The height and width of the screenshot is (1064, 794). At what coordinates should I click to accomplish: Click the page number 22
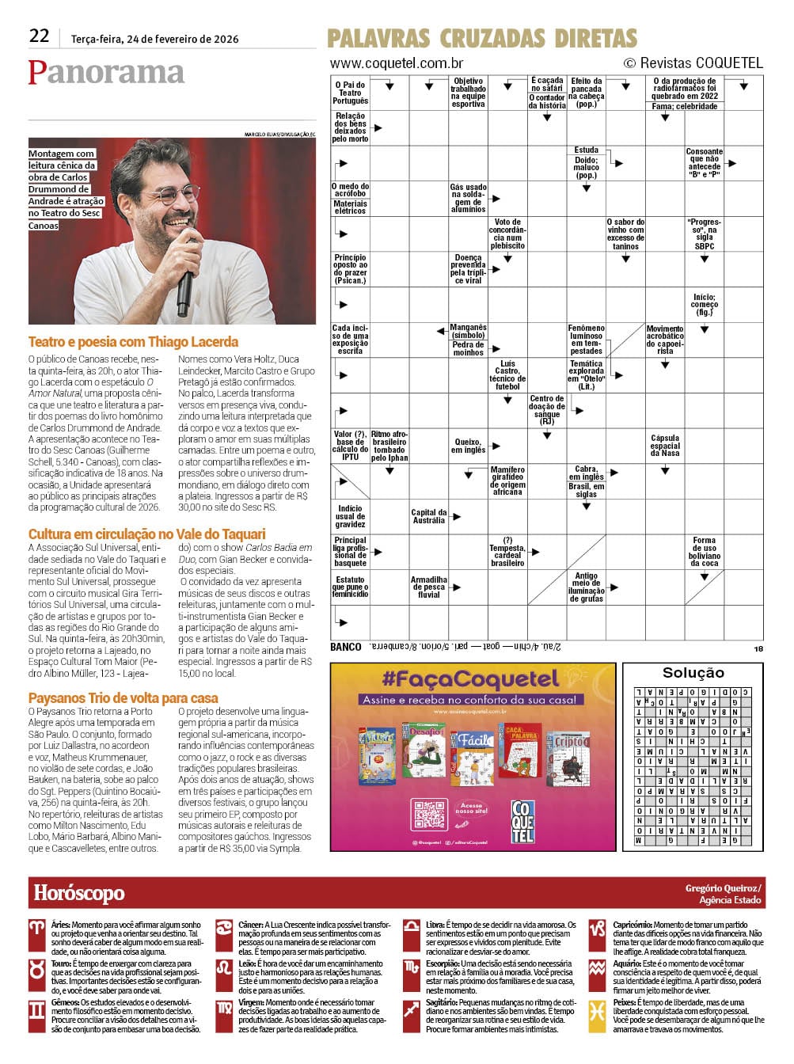click(39, 36)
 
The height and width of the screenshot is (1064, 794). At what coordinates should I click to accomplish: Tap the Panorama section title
click(106, 72)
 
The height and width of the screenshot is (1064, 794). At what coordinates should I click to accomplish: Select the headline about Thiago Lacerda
click(133, 342)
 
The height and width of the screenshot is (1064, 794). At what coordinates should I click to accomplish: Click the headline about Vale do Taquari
click(146, 534)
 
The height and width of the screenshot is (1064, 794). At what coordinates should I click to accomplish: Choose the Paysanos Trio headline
click(123, 697)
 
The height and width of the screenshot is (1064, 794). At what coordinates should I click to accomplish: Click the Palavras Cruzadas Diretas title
click(481, 38)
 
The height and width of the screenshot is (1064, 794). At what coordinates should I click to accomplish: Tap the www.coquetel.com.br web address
click(397, 63)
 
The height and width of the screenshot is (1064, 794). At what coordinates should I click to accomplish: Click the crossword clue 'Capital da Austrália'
click(428, 516)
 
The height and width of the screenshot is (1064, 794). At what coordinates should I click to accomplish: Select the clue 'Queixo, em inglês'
click(468, 446)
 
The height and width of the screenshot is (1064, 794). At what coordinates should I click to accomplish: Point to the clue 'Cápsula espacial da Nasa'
click(665, 445)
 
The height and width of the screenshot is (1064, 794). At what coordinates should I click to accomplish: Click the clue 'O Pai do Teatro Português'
click(350, 93)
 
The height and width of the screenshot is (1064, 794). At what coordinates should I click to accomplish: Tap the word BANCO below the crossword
click(345, 647)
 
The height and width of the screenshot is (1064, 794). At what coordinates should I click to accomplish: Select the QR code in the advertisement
click(429, 815)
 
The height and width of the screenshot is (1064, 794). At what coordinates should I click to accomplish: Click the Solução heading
click(693, 672)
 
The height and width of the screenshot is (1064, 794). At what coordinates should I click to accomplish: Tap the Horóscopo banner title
click(79, 893)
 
